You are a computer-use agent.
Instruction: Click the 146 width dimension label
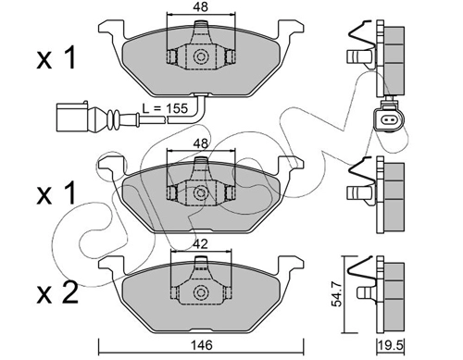pyautogui.click(x=201, y=345)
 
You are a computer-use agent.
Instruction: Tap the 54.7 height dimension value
pyautogui.click(x=337, y=294)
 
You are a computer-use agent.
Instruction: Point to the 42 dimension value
pyautogui.click(x=200, y=244)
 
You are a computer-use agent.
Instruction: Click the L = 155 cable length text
pyautogui.click(x=165, y=108)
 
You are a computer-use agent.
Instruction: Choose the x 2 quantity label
pyautogui.click(x=56, y=294)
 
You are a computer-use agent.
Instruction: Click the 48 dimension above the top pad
pyautogui.click(x=201, y=6)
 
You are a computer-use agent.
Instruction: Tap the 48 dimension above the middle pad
pyautogui.click(x=201, y=143)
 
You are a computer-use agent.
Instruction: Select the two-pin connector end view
pyautogui.click(x=386, y=118)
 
